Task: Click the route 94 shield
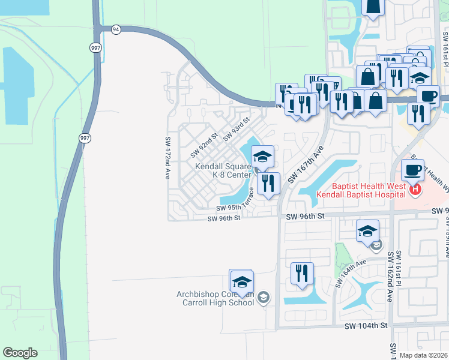click(x=116, y=29)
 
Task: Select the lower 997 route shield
click(x=84, y=138)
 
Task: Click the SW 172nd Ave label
click(x=167, y=158)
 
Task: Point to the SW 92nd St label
click(x=202, y=143)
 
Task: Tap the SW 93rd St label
click(x=236, y=130)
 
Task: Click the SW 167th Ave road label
click(x=306, y=164)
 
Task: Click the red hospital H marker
click(x=414, y=191)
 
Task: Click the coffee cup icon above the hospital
click(x=412, y=170)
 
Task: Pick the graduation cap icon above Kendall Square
click(x=262, y=157)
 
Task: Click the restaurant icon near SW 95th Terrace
click(x=268, y=183)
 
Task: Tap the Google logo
click(x=20, y=353)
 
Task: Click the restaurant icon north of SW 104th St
click(x=302, y=273)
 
